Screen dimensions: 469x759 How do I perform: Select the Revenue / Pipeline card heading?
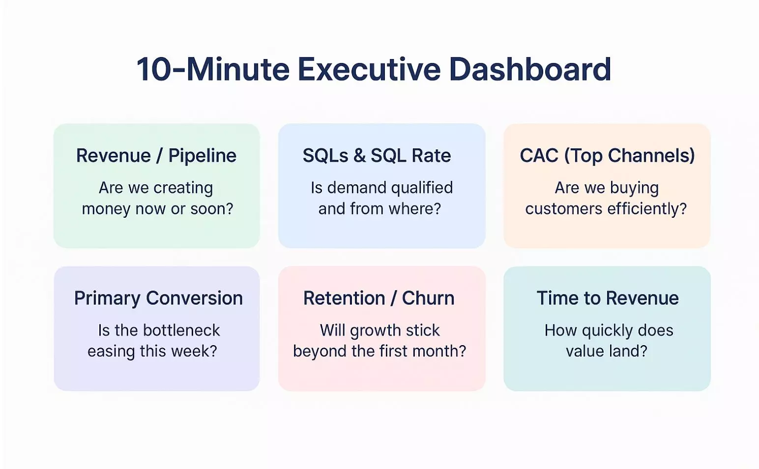(156, 155)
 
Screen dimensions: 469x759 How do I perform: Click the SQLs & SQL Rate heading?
(377, 155)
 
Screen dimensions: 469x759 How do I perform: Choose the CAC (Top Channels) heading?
(607, 155)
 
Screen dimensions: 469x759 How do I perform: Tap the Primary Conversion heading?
(158, 298)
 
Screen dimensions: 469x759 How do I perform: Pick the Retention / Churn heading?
(379, 298)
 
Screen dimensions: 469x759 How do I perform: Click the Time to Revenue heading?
(608, 298)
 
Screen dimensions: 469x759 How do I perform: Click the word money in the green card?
(106, 209)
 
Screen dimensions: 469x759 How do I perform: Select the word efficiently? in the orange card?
(647, 209)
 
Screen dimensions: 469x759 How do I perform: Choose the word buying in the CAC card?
(634, 188)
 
